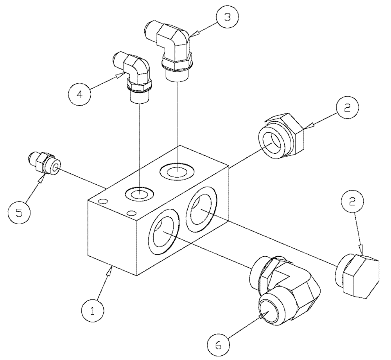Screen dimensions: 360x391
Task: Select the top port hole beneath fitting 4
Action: [x=139, y=193]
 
